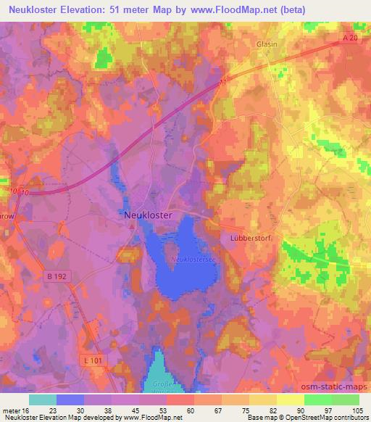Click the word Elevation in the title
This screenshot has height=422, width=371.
pos(95,9)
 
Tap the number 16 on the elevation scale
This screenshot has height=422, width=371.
pos(30,410)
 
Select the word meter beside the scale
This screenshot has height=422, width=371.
pos(12,410)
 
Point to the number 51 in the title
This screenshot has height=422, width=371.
pos(141,9)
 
